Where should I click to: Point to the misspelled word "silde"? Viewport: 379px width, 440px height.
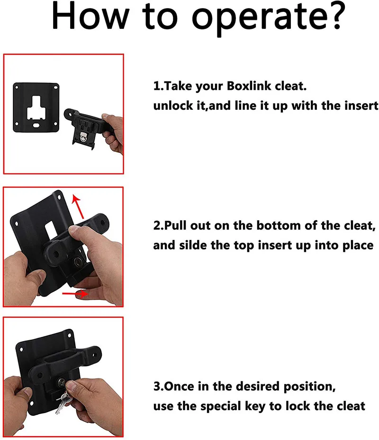(x=193, y=245)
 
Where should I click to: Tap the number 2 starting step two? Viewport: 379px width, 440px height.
(x=156, y=226)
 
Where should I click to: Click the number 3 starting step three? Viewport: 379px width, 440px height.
(x=156, y=387)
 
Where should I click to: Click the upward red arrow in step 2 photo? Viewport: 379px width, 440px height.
(x=78, y=207)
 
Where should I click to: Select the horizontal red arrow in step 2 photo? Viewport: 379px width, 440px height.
(x=75, y=294)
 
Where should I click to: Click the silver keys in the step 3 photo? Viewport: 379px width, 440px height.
(x=63, y=400)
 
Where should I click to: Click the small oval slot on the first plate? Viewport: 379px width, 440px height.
(x=36, y=125)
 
